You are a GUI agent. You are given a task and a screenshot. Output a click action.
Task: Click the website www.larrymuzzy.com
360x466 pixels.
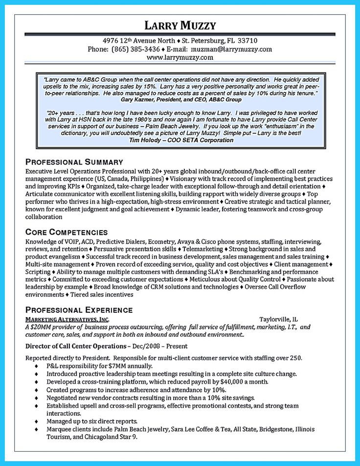(x=180, y=57)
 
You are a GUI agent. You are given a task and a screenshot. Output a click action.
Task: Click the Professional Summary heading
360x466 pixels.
(x=74, y=162)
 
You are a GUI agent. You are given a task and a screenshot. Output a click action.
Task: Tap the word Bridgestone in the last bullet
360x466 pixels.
(x=271, y=429)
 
